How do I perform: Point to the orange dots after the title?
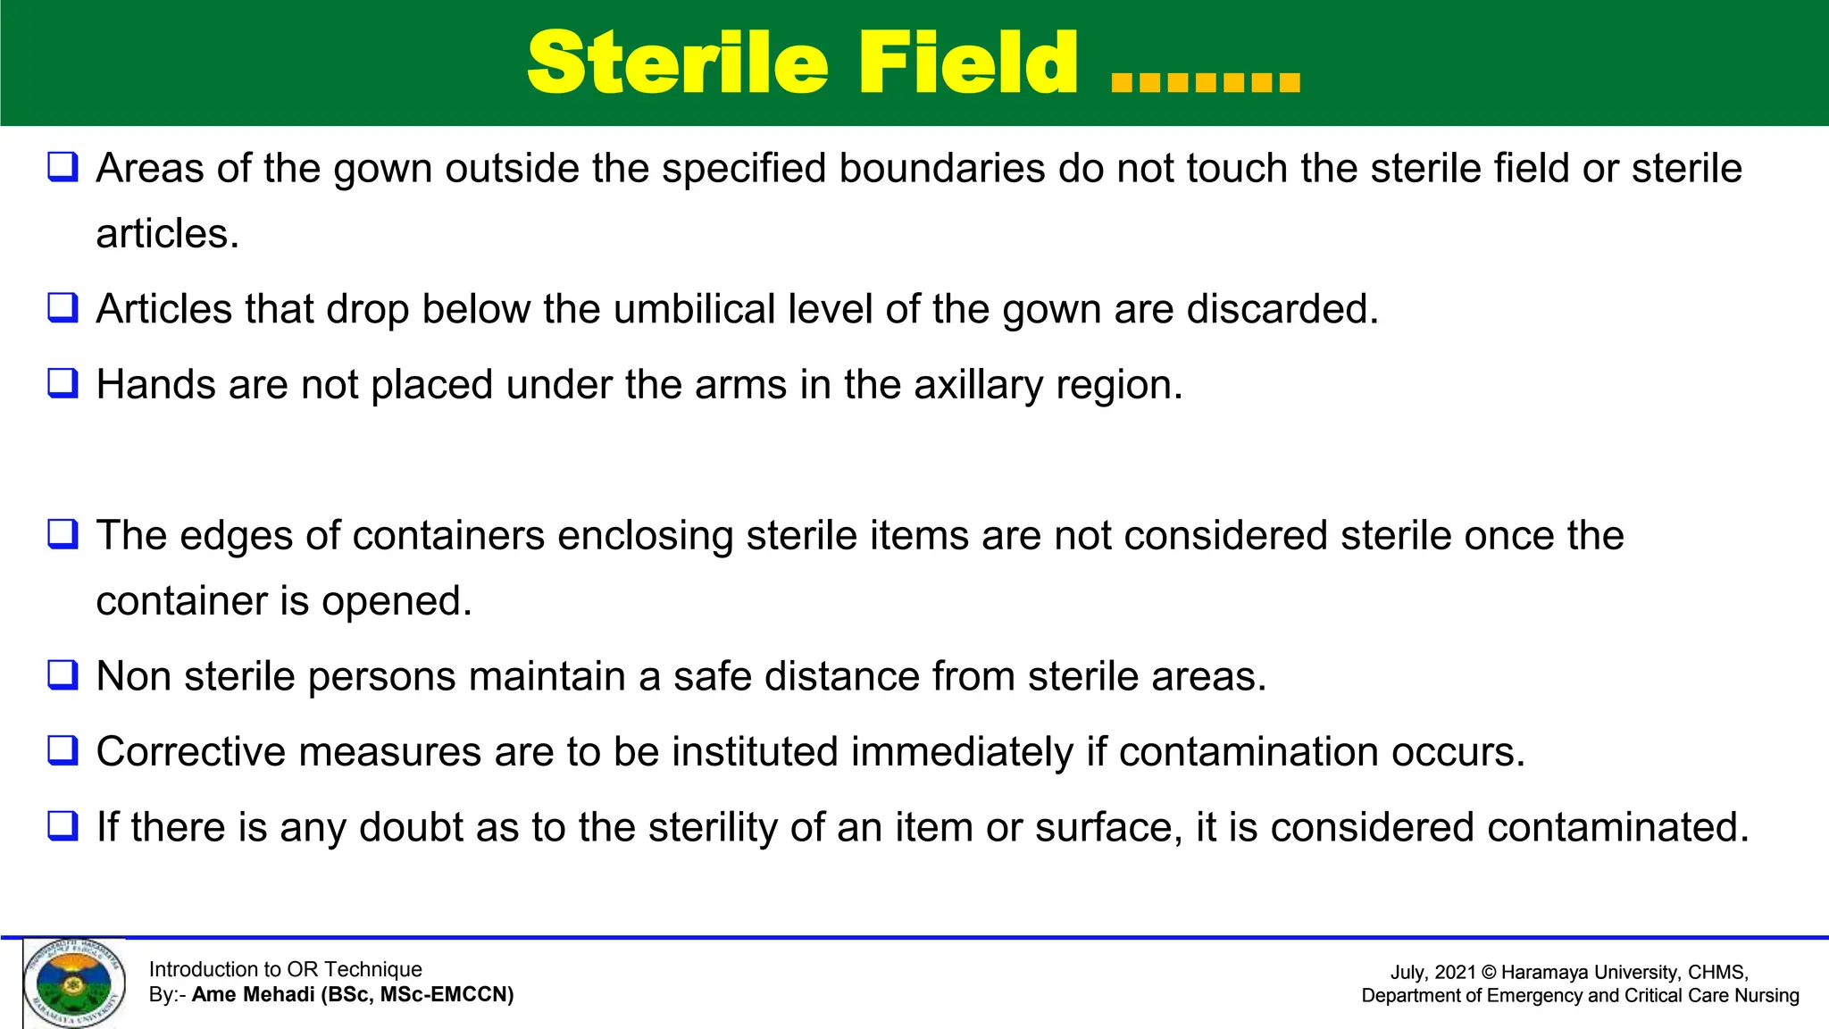point(1206,82)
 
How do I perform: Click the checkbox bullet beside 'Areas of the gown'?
point(63,167)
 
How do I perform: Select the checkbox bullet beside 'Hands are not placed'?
point(63,383)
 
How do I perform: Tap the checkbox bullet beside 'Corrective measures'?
point(63,750)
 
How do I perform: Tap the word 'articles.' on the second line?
point(168,234)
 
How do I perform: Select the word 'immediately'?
point(962,751)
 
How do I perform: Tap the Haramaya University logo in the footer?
point(74,983)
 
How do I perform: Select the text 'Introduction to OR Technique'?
point(285,969)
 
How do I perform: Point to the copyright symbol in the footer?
point(1488,972)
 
